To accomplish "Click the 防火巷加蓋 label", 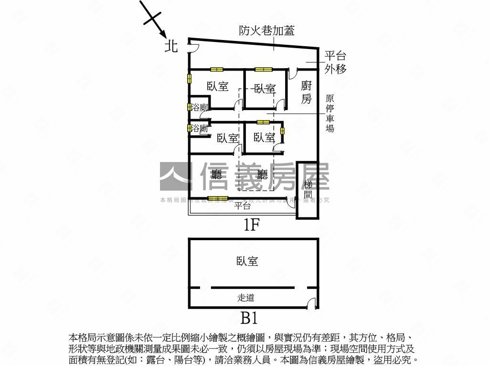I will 266,31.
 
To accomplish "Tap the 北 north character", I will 171,46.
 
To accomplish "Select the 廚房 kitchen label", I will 307,92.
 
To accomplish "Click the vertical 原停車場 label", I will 330,113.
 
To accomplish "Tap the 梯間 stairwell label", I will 308,189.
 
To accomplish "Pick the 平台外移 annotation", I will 335,62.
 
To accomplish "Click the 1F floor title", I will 251,225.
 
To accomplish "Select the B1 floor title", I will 249,317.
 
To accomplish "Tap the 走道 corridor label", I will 246,298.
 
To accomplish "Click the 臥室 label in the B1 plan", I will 247,261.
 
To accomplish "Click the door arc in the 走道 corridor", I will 311,303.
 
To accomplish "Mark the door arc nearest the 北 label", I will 194,46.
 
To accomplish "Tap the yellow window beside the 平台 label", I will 218,198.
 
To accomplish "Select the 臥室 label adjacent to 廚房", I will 265,89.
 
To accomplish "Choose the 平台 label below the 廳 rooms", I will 243,206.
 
